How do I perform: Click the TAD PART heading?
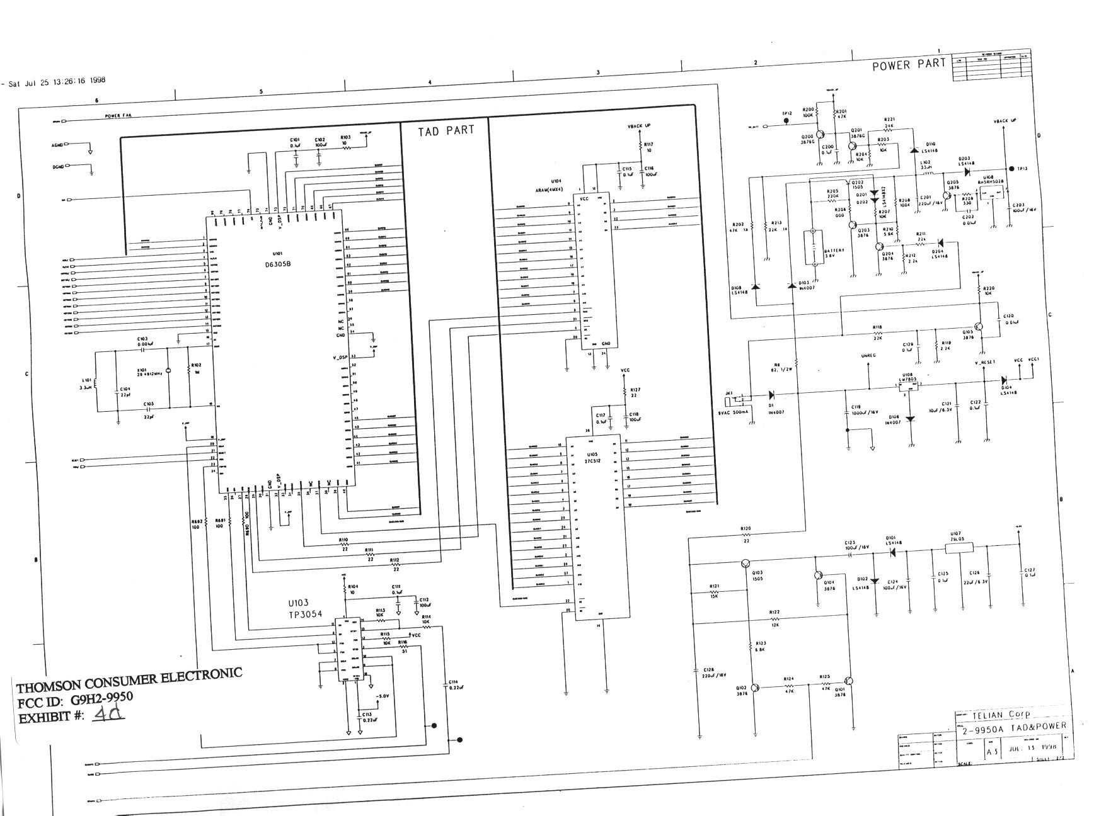click(446, 131)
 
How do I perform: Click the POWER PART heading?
click(908, 64)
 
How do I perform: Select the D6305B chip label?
click(278, 264)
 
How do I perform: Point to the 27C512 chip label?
click(592, 461)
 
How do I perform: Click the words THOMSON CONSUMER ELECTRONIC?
click(129, 680)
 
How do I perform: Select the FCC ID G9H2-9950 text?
click(75, 700)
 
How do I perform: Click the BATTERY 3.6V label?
click(834, 254)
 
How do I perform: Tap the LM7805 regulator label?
click(907, 380)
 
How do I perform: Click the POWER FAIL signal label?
click(118, 116)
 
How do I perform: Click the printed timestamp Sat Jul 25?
click(57, 81)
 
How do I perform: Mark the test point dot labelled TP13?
click(1011, 169)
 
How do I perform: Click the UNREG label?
click(869, 356)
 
